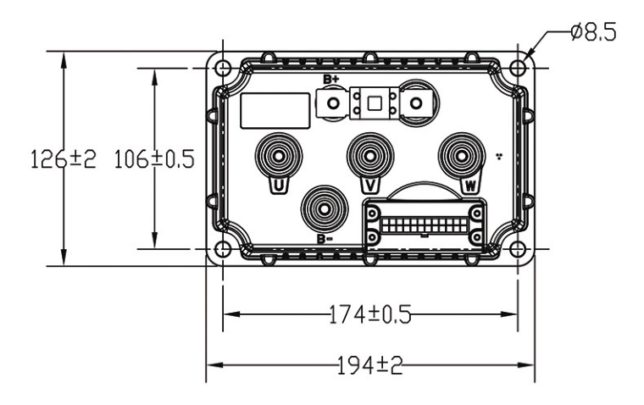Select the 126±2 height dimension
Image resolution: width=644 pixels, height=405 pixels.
tap(64, 158)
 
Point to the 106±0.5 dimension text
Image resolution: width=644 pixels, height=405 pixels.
tap(153, 158)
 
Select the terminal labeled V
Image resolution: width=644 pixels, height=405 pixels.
tap(368, 156)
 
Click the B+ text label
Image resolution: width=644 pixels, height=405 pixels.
tap(330, 79)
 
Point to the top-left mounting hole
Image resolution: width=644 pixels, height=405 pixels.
tap(222, 68)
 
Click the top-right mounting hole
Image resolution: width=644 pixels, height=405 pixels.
tap(519, 68)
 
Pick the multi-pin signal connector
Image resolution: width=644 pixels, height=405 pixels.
tap(424, 225)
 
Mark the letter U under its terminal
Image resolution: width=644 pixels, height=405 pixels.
tap(276, 184)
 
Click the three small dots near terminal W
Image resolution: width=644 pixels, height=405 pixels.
tap(499, 157)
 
